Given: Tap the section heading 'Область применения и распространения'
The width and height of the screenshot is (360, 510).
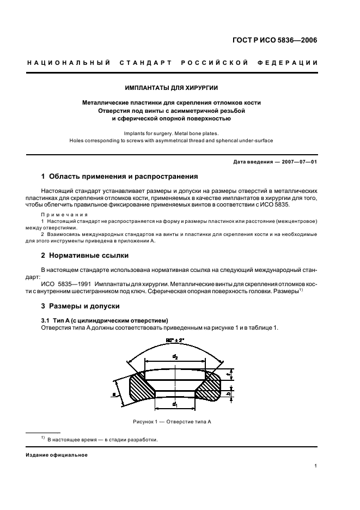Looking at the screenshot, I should point(119,177).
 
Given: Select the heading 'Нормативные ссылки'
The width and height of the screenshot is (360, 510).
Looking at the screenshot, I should point(85,255).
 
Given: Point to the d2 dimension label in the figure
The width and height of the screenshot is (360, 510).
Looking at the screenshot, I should point(174,356).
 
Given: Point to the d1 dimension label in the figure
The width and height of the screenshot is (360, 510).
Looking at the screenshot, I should point(174,404).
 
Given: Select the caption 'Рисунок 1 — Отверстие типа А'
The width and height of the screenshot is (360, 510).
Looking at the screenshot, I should point(172,422).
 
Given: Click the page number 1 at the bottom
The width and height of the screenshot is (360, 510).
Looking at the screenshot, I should point(316,466).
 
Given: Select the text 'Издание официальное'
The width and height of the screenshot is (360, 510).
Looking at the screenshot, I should point(57,455).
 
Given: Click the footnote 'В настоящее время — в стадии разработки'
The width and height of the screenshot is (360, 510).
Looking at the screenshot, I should point(102,440).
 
